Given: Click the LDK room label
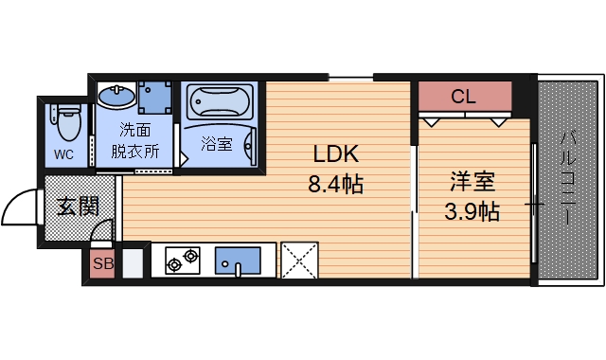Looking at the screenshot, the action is coord(334,154).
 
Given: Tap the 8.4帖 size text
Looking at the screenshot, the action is coord(335,183).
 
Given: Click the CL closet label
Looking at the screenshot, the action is coord(463,96).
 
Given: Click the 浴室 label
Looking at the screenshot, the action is coord(217,144).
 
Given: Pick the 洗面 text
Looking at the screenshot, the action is coord(135,130).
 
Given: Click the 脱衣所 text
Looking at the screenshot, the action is coord(135,150).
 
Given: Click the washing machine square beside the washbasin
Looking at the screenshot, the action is coord(152,97).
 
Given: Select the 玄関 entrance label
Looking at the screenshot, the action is coord(79,205).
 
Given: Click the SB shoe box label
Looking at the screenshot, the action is coord(102,264).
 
